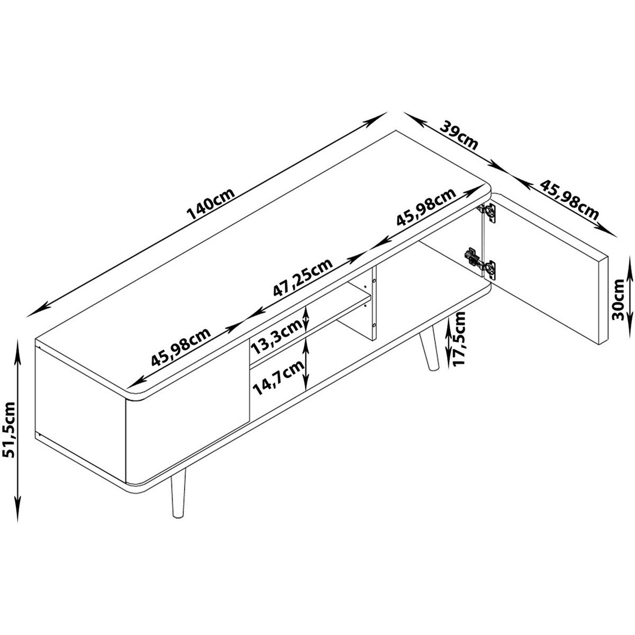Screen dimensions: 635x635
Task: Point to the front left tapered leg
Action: [x=177, y=497]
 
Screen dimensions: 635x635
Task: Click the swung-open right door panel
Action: [x=546, y=271]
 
